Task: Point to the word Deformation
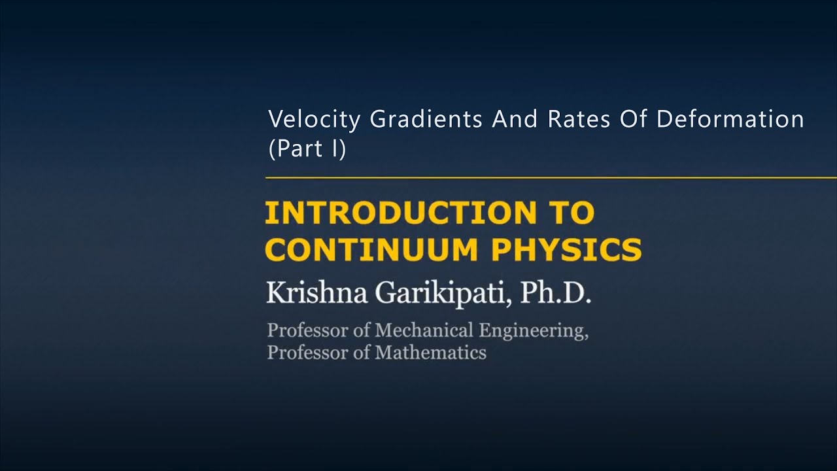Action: coord(730,120)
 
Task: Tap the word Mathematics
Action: coord(430,353)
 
